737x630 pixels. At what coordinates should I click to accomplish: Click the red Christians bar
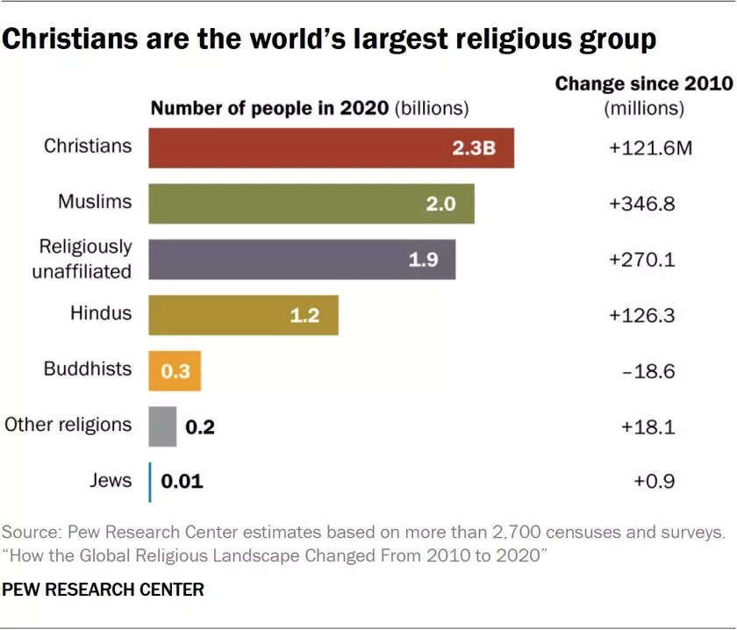pos(331,147)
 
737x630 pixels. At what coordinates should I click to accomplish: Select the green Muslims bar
pos(311,204)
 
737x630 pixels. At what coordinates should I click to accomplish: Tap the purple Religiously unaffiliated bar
pos(302,259)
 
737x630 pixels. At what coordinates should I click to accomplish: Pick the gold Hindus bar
pos(243,315)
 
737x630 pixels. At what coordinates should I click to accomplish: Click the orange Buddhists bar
pos(175,370)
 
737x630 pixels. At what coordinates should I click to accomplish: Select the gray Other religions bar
pos(162,426)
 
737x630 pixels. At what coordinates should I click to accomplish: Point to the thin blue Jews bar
pos(150,482)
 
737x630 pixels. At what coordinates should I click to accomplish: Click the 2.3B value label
pos(474,147)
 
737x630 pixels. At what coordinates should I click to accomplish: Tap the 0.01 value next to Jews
pos(182,482)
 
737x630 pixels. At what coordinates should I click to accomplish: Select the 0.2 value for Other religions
pos(199,427)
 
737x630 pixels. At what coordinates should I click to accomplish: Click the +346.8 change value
pos(641,204)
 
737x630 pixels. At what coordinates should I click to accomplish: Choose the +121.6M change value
pos(650,147)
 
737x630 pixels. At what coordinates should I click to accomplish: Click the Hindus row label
pos(101,312)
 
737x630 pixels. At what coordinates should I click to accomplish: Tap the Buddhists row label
pos(88,369)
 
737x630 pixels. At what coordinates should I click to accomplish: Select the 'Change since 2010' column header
pos(643,84)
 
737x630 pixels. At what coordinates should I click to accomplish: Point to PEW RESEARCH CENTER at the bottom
pos(103,590)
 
